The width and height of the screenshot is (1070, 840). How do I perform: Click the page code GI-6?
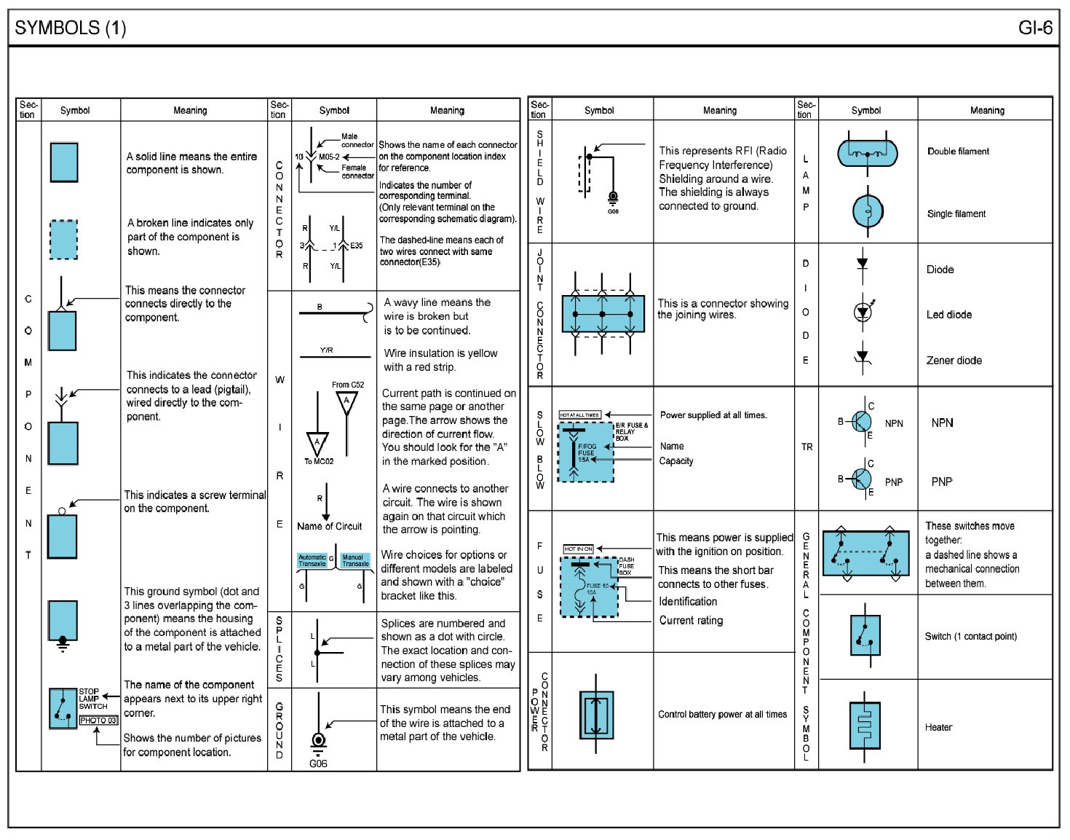pos(1034,28)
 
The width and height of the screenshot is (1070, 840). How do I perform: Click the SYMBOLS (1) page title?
pos(70,28)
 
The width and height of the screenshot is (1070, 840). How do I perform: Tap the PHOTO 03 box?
pos(98,721)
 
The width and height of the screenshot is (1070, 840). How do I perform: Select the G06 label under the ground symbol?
pos(318,764)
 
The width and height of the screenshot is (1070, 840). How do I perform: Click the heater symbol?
pos(865,726)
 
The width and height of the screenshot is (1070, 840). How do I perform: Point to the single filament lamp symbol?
pos(868,211)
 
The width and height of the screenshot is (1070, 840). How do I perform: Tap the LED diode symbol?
pos(863,313)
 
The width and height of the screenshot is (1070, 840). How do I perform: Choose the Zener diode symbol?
pos(863,358)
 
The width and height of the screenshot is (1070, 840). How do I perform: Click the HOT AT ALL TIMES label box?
pos(579,415)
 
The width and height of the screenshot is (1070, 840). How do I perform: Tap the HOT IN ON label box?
pos(579,549)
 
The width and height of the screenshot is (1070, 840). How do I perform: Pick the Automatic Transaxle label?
pos(312,560)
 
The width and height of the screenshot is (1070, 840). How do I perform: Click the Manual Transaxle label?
pos(355,560)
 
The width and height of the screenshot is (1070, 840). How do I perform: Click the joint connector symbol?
pos(603,314)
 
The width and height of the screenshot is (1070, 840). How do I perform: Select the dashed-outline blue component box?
pos(63,240)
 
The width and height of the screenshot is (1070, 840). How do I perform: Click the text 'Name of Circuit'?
pos(329,526)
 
